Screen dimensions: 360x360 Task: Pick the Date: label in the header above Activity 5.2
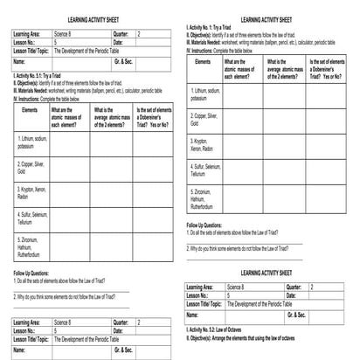[291, 294]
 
